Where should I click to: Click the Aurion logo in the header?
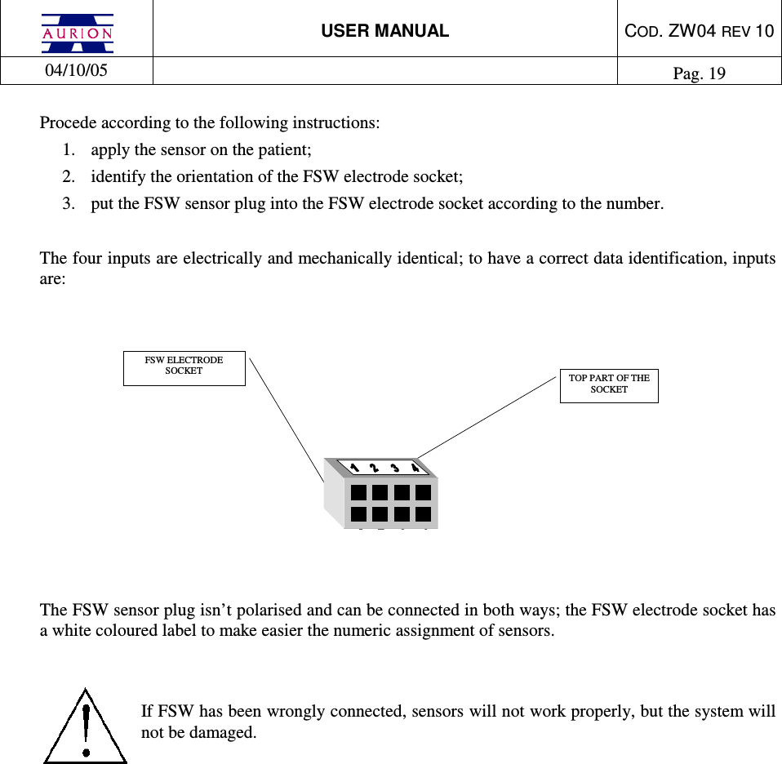78,32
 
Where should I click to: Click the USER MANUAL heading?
384,31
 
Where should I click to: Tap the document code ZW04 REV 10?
699,31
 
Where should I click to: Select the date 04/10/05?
76,70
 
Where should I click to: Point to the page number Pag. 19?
699,73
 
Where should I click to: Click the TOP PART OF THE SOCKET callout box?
609,384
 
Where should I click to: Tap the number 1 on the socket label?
354,467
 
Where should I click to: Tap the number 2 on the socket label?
374,468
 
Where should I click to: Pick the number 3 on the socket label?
395,468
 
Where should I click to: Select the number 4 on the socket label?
415,468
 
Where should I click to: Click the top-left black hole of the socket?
358,493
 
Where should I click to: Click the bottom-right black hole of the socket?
423,514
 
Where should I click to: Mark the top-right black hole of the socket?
423,493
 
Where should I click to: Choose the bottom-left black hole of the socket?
358,514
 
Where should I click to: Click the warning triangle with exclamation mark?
85,726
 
